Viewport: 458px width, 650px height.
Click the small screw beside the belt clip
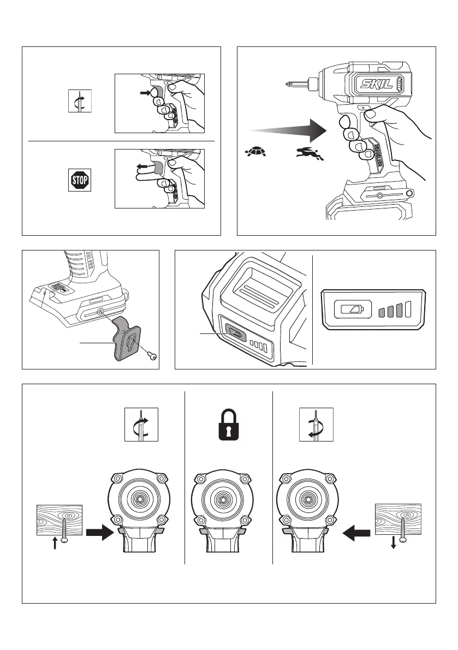point(152,355)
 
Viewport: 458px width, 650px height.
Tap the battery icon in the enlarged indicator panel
point(348,309)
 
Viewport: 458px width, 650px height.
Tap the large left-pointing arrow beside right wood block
point(355,530)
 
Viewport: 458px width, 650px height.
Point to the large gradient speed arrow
point(287,130)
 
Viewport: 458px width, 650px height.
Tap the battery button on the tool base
point(235,345)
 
